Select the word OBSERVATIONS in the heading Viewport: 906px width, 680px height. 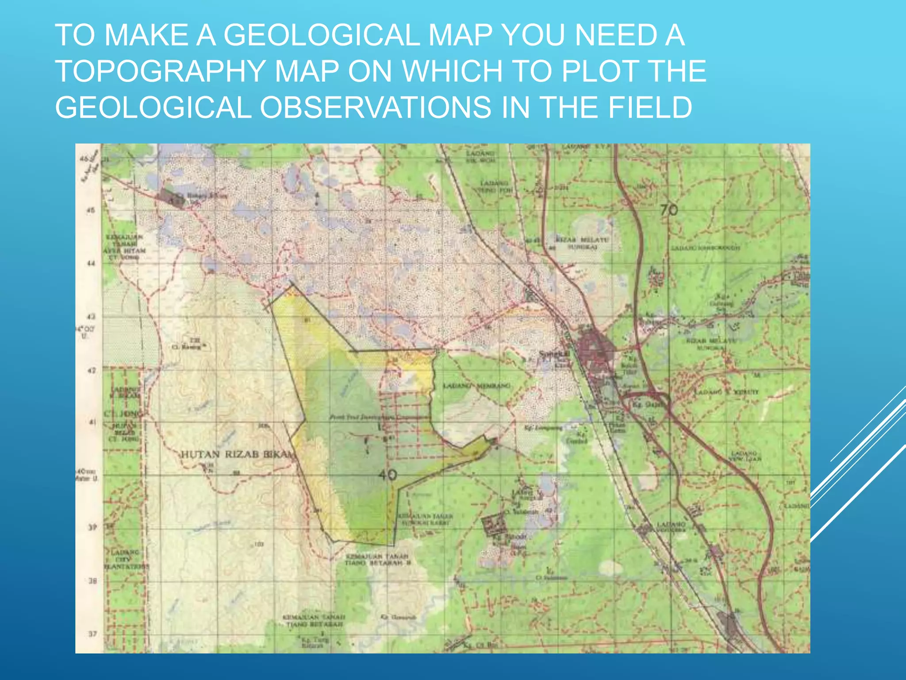pos(375,108)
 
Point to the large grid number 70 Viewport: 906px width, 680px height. pos(669,209)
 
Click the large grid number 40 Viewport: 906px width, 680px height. pos(388,475)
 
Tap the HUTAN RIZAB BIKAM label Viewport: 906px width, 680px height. pos(237,454)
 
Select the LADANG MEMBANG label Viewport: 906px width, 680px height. pos(477,386)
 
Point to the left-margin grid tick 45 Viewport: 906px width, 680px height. pos(91,210)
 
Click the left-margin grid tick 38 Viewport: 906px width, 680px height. pos(92,581)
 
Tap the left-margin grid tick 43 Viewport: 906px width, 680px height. pos(91,317)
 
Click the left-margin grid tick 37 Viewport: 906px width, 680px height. pos(92,634)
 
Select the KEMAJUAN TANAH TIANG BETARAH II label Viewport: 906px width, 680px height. pos(379,560)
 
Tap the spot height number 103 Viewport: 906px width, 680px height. pos(259,544)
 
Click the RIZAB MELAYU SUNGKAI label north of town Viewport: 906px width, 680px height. pos(582,243)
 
